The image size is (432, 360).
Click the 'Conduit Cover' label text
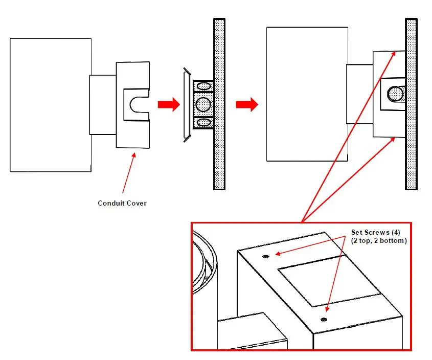(122, 203)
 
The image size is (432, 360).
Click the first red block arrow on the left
(168, 105)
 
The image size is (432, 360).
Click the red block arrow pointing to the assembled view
(247, 105)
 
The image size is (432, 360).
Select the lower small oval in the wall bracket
(203, 123)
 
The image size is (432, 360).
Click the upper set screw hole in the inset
(266, 257)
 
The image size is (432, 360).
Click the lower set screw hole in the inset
(324, 320)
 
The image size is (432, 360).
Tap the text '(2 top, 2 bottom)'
(379, 240)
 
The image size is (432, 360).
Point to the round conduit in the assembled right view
(395, 94)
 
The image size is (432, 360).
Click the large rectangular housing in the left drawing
(50, 105)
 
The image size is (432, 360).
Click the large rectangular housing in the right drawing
(307, 95)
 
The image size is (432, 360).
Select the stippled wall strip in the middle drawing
(220, 105)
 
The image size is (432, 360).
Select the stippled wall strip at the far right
(412, 105)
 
